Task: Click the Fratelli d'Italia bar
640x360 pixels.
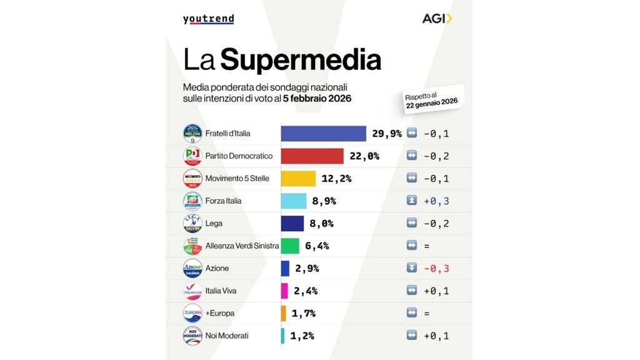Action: coord(323,134)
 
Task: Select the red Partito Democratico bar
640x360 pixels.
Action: coord(312,156)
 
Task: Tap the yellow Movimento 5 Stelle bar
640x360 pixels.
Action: coord(298,179)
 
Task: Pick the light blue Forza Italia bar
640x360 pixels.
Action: coord(294,201)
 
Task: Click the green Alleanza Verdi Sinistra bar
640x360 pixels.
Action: coord(290,246)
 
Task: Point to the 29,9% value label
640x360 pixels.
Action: coord(387,134)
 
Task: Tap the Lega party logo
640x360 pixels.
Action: coord(192,223)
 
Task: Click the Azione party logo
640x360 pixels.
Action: coord(192,268)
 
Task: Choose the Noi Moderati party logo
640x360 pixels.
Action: coord(192,336)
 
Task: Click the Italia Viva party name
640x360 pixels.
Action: coord(221,291)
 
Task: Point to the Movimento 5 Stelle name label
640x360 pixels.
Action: coord(237,179)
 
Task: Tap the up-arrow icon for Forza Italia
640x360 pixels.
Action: coord(411,201)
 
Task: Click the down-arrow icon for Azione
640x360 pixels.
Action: coord(411,268)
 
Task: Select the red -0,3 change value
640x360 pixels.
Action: coord(436,268)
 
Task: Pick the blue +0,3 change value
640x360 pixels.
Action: coord(436,201)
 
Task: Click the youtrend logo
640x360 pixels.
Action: coord(208,19)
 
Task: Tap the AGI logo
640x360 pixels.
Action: coord(437,18)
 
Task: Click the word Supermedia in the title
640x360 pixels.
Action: coord(301,60)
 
